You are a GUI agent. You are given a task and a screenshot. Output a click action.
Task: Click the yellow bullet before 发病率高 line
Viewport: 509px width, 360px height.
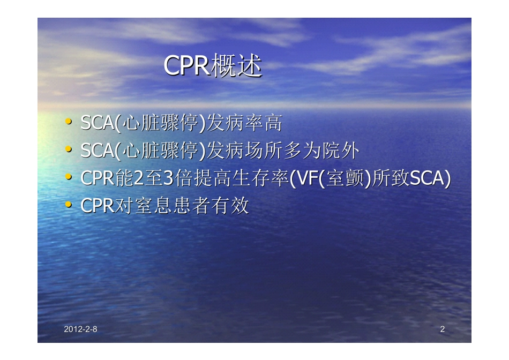pyautogui.click(x=68, y=123)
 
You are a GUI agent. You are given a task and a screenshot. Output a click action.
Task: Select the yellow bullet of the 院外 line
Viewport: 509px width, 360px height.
pyautogui.click(x=68, y=151)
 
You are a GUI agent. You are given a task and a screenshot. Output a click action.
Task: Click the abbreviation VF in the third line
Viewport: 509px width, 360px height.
pyautogui.click(x=305, y=178)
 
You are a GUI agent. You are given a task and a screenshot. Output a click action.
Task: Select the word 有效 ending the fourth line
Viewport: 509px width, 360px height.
pyautogui.click(x=232, y=206)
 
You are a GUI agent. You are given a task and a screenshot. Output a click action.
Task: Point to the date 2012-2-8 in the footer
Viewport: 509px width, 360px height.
pyautogui.click(x=80, y=329)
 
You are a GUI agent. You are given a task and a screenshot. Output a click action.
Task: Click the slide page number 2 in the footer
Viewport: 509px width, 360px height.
pyautogui.click(x=442, y=329)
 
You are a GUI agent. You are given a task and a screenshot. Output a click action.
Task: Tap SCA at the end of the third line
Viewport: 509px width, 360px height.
pyautogui.click(x=426, y=178)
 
